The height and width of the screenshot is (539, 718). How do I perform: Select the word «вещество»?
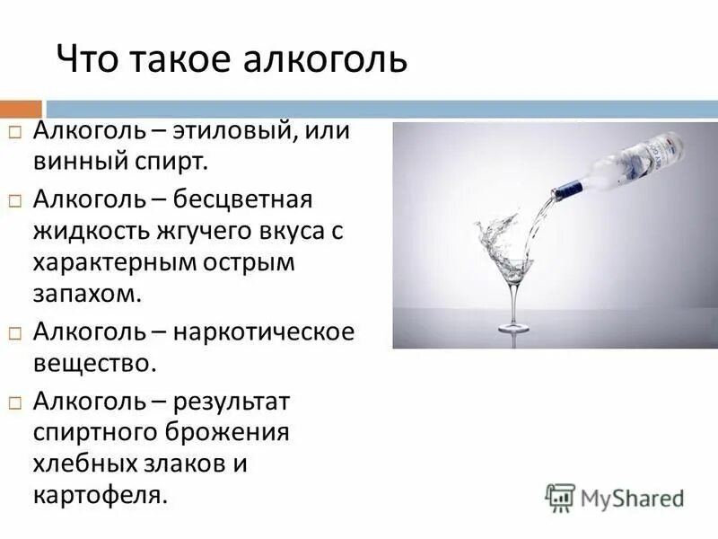tap(95, 363)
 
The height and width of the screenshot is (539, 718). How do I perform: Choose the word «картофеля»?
tap(100, 495)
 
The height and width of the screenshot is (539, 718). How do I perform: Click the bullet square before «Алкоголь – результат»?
tap(15, 399)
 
